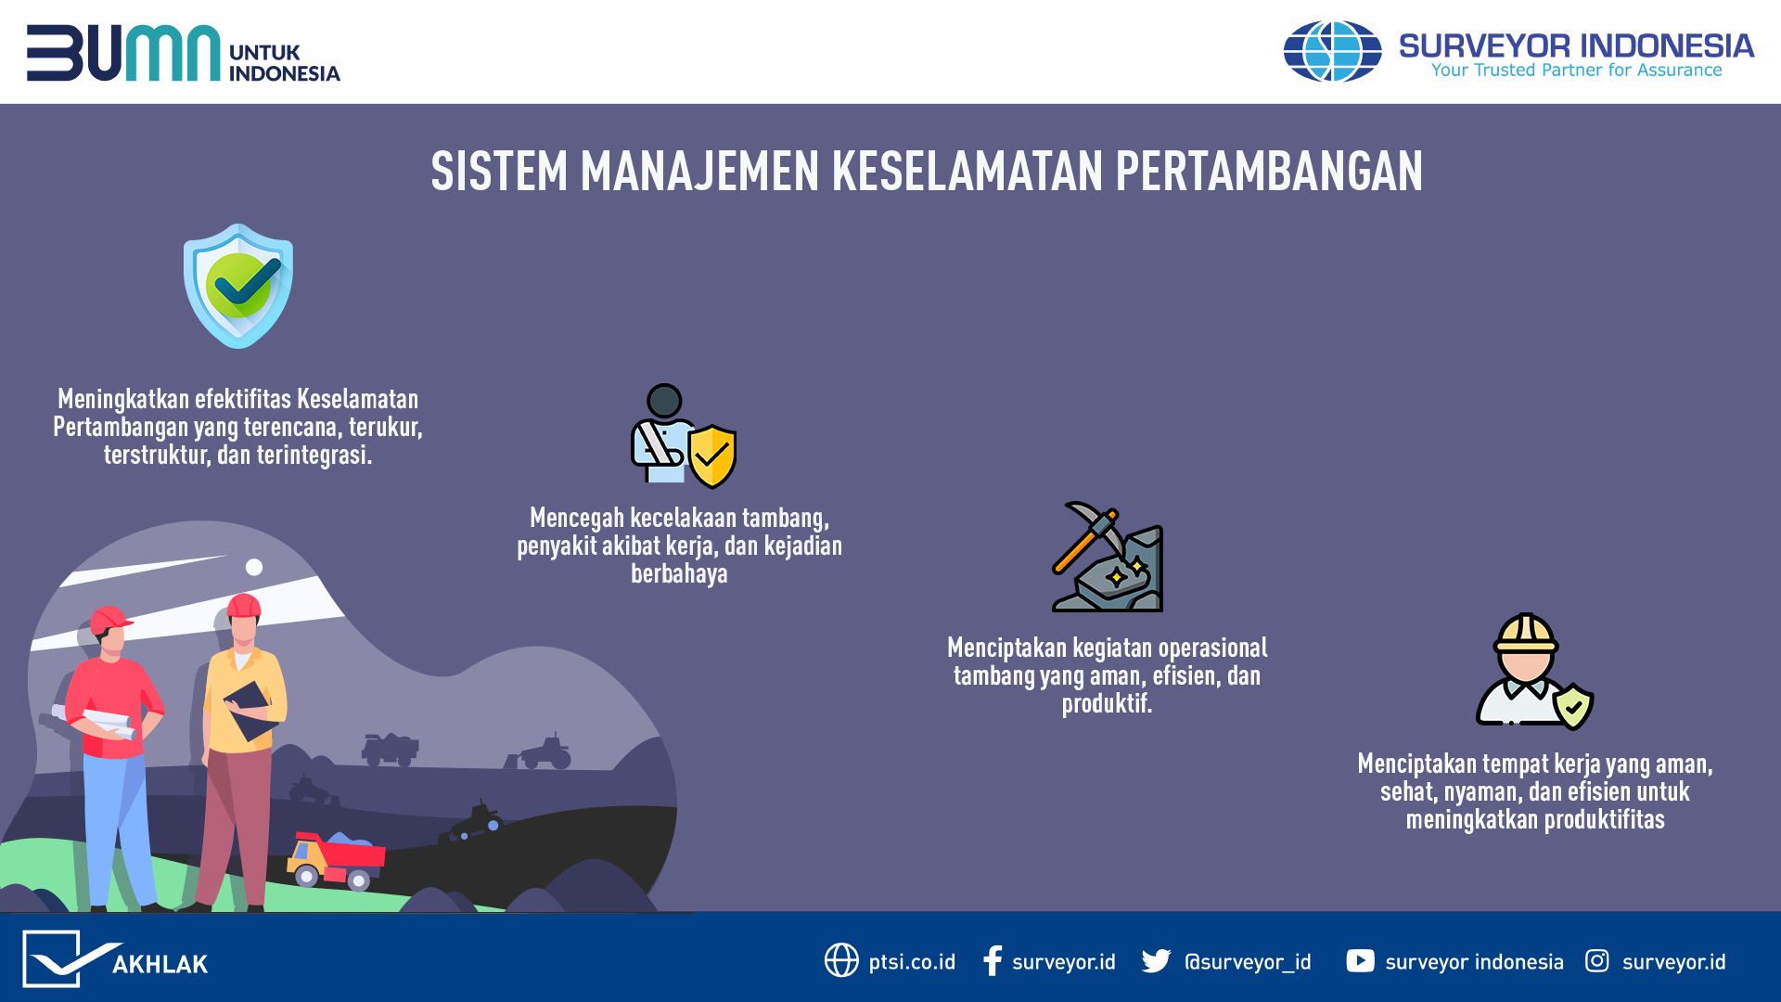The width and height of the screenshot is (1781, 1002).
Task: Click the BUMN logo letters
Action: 123,53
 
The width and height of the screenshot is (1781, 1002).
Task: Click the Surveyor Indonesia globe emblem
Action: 1332,51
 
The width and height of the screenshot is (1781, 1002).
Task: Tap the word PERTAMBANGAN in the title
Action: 1269,172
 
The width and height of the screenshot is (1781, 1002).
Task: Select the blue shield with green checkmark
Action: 238,286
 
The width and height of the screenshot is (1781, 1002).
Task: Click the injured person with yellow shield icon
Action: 684,436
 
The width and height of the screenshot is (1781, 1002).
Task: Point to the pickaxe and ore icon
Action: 1108,557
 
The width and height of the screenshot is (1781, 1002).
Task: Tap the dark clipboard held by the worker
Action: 249,710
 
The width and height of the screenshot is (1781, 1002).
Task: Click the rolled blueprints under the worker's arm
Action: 95,722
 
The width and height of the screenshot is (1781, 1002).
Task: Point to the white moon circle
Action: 254,567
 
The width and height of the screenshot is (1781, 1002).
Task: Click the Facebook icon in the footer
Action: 993,960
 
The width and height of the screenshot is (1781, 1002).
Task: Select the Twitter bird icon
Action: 1156,961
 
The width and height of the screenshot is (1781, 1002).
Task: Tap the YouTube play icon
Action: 1360,960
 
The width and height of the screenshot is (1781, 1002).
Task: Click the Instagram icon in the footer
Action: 1597,960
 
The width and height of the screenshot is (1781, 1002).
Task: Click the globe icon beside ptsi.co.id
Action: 841,960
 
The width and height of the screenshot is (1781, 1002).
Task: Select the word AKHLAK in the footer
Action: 160,965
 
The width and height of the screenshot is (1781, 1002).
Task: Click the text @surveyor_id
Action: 1248,962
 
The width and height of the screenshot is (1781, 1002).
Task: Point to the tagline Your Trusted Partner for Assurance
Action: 1576,71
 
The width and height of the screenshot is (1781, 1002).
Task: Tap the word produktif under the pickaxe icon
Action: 1107,704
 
